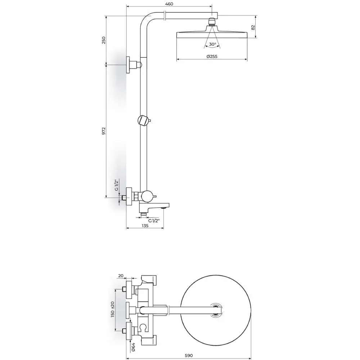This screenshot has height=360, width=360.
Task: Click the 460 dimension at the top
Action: click(x=169, y=4)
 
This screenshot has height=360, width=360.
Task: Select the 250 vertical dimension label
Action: click(x=104, y=40)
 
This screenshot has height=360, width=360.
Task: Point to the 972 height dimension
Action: click(x=104, y=131)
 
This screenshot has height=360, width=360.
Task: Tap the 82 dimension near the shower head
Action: click(x=253, y=27)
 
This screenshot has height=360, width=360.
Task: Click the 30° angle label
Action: click(x=212, y=44)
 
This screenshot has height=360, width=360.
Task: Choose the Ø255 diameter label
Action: click(x=212, y=56)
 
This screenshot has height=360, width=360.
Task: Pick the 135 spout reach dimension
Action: click(x=145, y=226)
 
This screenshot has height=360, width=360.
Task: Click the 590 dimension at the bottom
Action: click(x=189, y=356)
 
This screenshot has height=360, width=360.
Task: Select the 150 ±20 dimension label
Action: click(x=112, y=310)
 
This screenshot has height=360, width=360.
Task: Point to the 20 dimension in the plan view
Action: click(x=121, y=276)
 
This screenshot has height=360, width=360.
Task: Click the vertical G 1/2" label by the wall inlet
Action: click(x=116, y=185)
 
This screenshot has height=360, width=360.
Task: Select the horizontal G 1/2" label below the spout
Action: click(x=154, y=221)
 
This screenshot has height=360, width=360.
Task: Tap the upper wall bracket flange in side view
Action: click(x=128, y=65)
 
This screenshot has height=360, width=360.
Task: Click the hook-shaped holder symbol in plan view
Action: click(x=143, y=327)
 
